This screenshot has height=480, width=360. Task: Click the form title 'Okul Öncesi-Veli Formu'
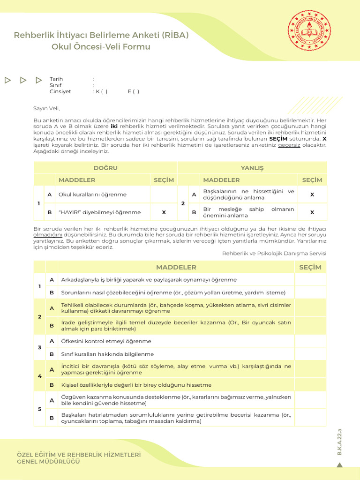point(101,47)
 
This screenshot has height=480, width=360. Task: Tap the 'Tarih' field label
point(56,79)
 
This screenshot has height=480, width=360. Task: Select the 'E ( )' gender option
point(133,91)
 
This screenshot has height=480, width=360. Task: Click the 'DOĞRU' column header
point(105,168)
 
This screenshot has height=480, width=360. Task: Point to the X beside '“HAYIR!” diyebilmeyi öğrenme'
point(164,212)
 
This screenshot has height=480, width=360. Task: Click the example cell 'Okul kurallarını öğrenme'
point(92,195)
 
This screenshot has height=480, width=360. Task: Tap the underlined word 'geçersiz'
point(289,145)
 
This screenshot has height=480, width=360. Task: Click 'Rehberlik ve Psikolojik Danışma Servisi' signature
point(274,253)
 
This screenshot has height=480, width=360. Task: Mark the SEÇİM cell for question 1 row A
point(310,280)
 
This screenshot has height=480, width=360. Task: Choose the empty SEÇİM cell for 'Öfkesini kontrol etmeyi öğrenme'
point(310,341)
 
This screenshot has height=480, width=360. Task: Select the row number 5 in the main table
point(39,409)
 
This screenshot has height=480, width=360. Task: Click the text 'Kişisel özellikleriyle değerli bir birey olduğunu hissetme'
point(136,385)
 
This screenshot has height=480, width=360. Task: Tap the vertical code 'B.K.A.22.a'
point(340,441)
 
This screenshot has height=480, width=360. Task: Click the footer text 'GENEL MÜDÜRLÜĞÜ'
point(48,462)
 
